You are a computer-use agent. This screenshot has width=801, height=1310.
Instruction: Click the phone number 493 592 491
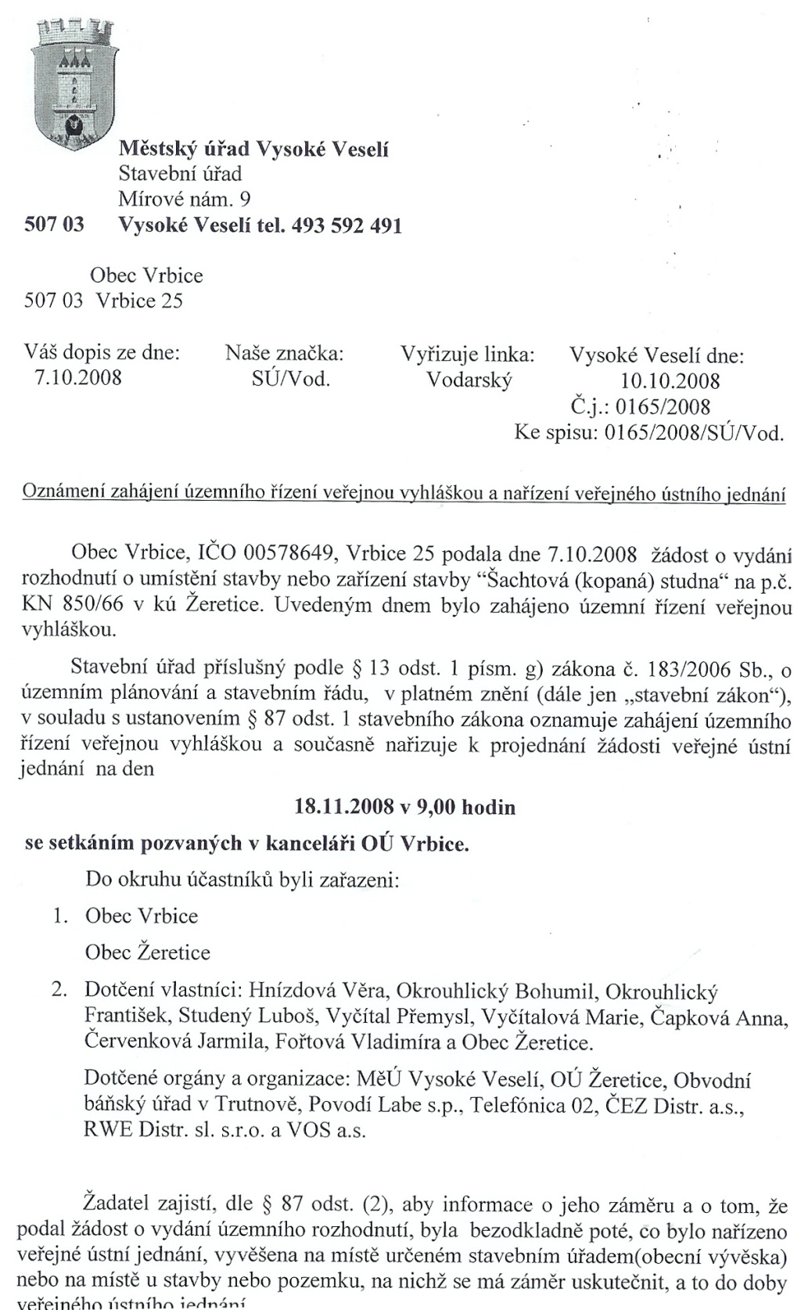[x=347, y=227]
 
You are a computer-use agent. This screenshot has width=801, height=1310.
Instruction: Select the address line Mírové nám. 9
[x=185, y=200]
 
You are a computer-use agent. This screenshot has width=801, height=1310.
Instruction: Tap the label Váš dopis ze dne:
[x=102, y=353]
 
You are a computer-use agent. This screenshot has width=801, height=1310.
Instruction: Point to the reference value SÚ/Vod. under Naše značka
[x=286, y=380]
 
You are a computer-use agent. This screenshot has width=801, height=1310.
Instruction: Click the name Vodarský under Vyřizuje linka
[x=469, y=380]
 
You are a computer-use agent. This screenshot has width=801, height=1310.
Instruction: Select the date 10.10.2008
[x=670, y=381]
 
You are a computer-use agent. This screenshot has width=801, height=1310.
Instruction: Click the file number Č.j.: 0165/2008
[x=641, y=407]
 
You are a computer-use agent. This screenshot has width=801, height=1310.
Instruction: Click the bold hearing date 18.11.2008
[x=342, y=807]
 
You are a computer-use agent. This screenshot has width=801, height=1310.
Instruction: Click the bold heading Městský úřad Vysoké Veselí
[x=253, y=149]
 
